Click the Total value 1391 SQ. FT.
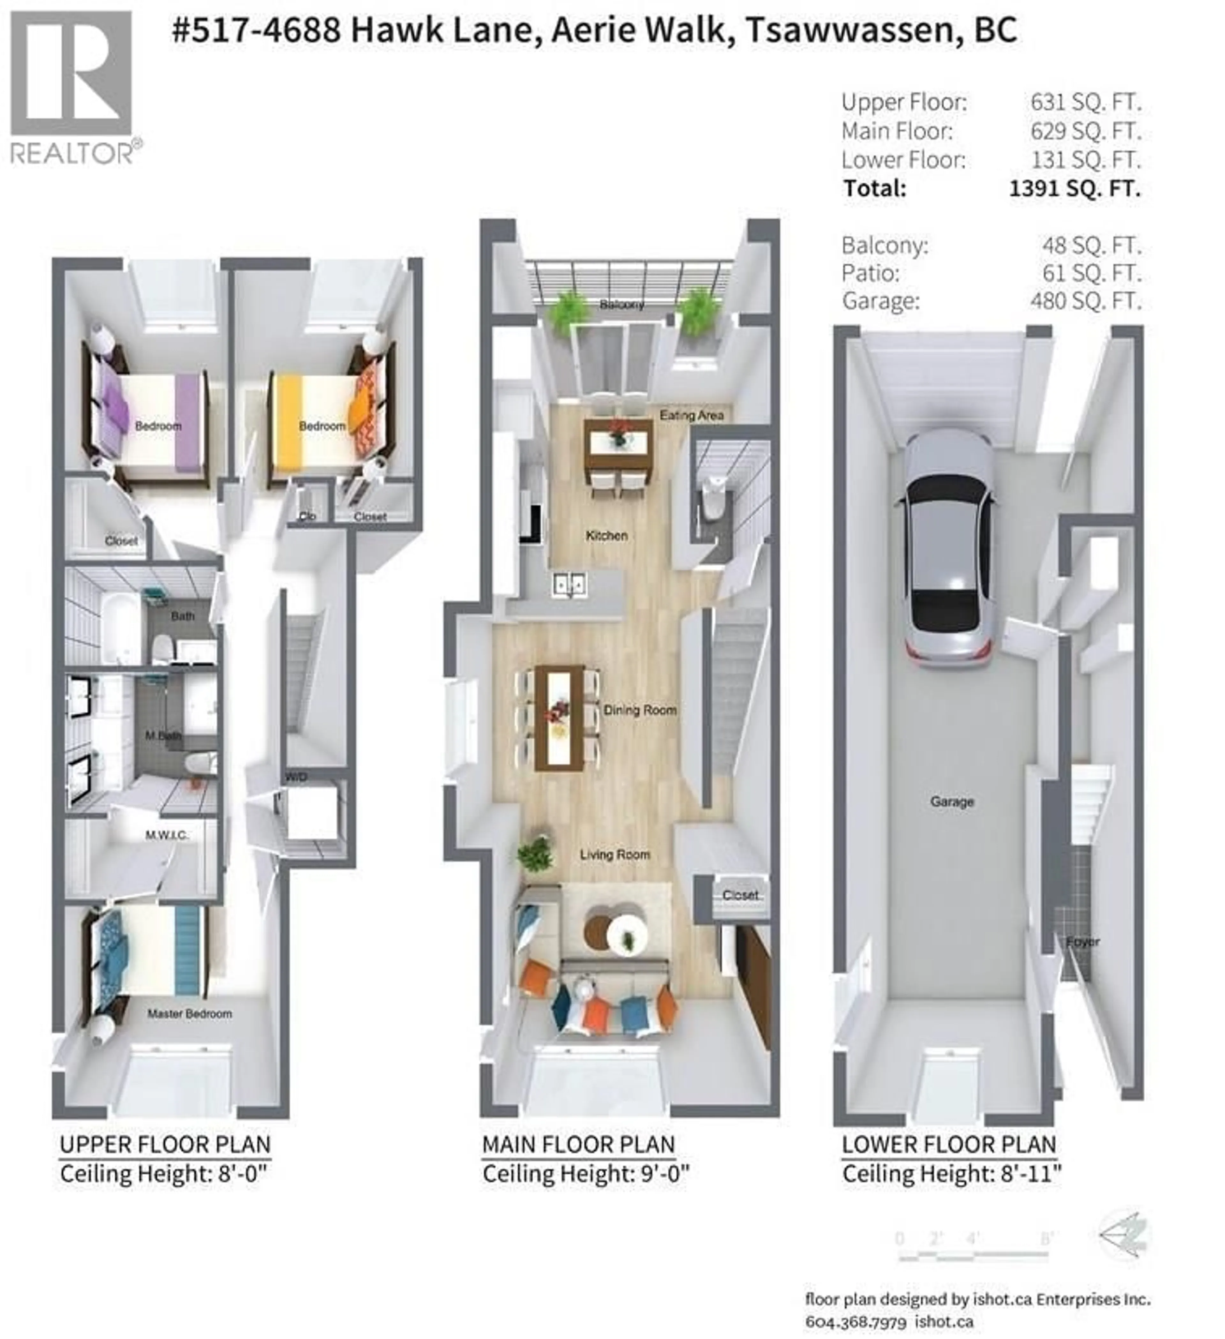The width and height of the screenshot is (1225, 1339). tap(1074, 189)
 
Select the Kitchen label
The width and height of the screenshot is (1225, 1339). tap(606, 535)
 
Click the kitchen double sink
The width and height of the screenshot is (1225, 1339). tap(569, 584)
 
